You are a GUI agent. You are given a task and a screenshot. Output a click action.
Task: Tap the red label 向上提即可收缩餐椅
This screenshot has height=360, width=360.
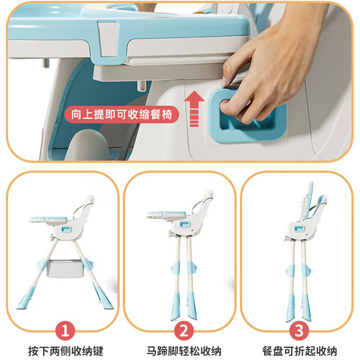pyautogui.click(x=122, y=114)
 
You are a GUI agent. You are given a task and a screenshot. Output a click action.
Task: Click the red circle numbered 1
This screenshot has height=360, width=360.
pyautogui.click(x=65, y=331)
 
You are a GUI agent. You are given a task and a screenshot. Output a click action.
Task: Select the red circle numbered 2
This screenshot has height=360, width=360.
pyautogui.click(x=184, y=331)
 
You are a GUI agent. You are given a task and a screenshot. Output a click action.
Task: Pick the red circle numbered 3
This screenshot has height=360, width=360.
pyautogui.click(x=299, y=331)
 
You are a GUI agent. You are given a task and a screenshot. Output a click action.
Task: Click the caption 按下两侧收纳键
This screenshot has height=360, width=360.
pyautogui.click(x=66, y=351)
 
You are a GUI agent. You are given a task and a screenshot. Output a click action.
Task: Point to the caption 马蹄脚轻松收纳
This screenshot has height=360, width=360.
pyautogui.click(x=184, y=351)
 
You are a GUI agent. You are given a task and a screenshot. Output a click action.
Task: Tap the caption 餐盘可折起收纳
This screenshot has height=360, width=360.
pyautogui.click(x=300, y=351)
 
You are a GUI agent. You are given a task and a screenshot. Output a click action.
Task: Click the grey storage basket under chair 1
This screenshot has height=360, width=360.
pyautogui.click(x=66, y=269)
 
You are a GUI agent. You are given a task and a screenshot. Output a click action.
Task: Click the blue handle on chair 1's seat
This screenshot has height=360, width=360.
pyautogui.click(x=66, y=230)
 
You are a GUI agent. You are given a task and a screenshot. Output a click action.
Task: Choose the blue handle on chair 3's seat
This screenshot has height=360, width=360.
pyautogui.click(x=299, y=229)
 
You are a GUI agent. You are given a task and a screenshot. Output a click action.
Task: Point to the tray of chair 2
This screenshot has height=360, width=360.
pyautogui.click(x=167, y=215)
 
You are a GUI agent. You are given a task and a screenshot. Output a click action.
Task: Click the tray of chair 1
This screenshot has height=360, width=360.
pyautogui.click(x=48, y=220)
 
